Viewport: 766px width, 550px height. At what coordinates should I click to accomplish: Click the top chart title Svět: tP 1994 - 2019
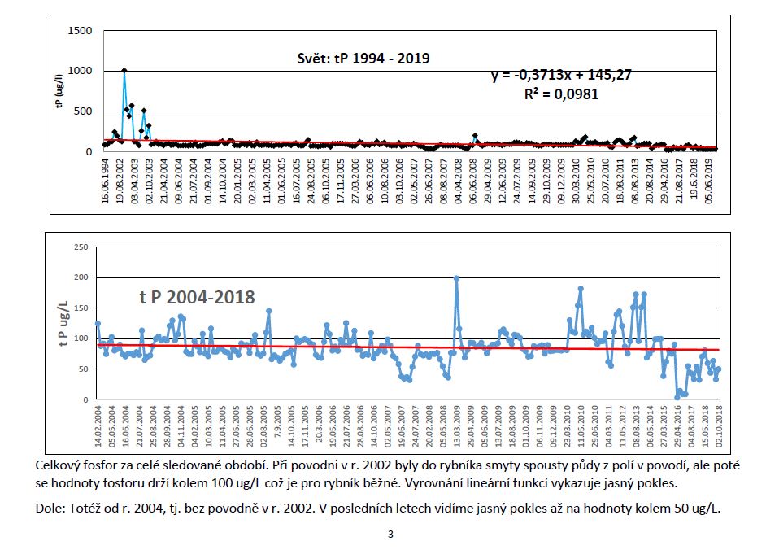362,59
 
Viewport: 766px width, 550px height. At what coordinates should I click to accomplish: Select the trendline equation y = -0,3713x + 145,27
561,75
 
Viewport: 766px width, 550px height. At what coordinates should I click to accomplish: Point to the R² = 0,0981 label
561,94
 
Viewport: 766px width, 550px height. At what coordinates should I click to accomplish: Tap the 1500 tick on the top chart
80,31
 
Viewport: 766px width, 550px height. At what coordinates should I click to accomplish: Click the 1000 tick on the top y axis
80,71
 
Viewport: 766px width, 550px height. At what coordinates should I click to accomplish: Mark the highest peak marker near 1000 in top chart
124,71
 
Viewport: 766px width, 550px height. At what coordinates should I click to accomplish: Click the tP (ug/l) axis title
59,91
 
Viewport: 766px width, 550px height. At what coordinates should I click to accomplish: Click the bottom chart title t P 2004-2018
198,298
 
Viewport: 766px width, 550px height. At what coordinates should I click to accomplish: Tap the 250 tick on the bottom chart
80,247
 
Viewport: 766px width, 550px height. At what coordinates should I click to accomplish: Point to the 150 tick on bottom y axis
80,308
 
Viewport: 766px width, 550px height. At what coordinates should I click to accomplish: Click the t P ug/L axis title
63,323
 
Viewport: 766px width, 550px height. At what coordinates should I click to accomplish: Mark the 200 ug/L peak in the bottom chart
456,278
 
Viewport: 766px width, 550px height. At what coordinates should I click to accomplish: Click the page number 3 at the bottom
390,535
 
